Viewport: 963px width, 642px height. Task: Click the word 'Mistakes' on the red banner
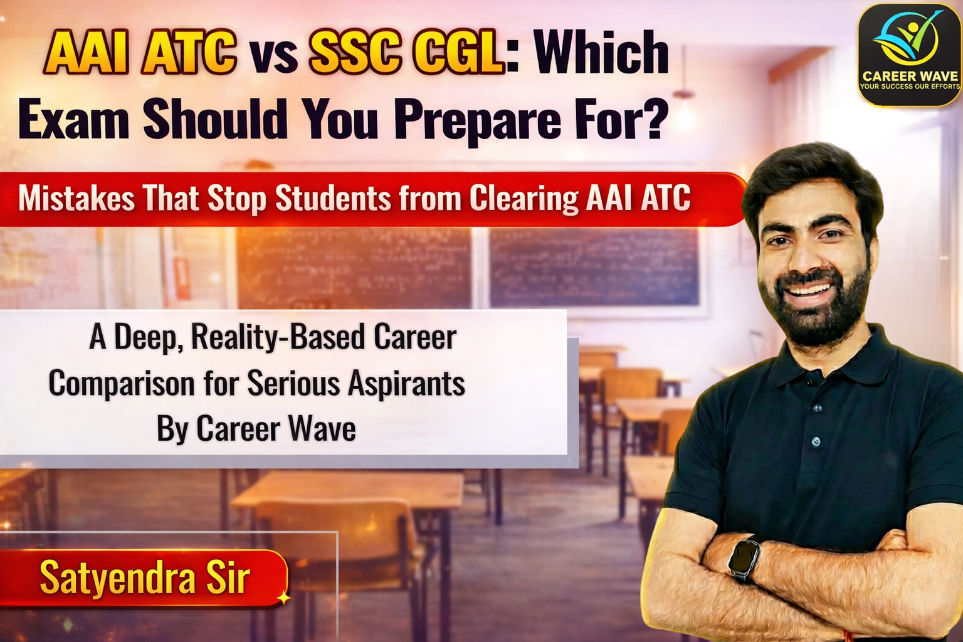[x=76, y=199]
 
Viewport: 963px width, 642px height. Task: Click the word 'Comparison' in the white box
[x=122, y=383]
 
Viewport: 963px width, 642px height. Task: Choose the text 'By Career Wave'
[x=256, y=429]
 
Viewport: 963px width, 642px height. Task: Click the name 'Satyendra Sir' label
[x=145, y=578]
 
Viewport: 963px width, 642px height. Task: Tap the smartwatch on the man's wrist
[x=745, y=557]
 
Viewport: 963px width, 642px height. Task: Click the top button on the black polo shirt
[x=817, y=408]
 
